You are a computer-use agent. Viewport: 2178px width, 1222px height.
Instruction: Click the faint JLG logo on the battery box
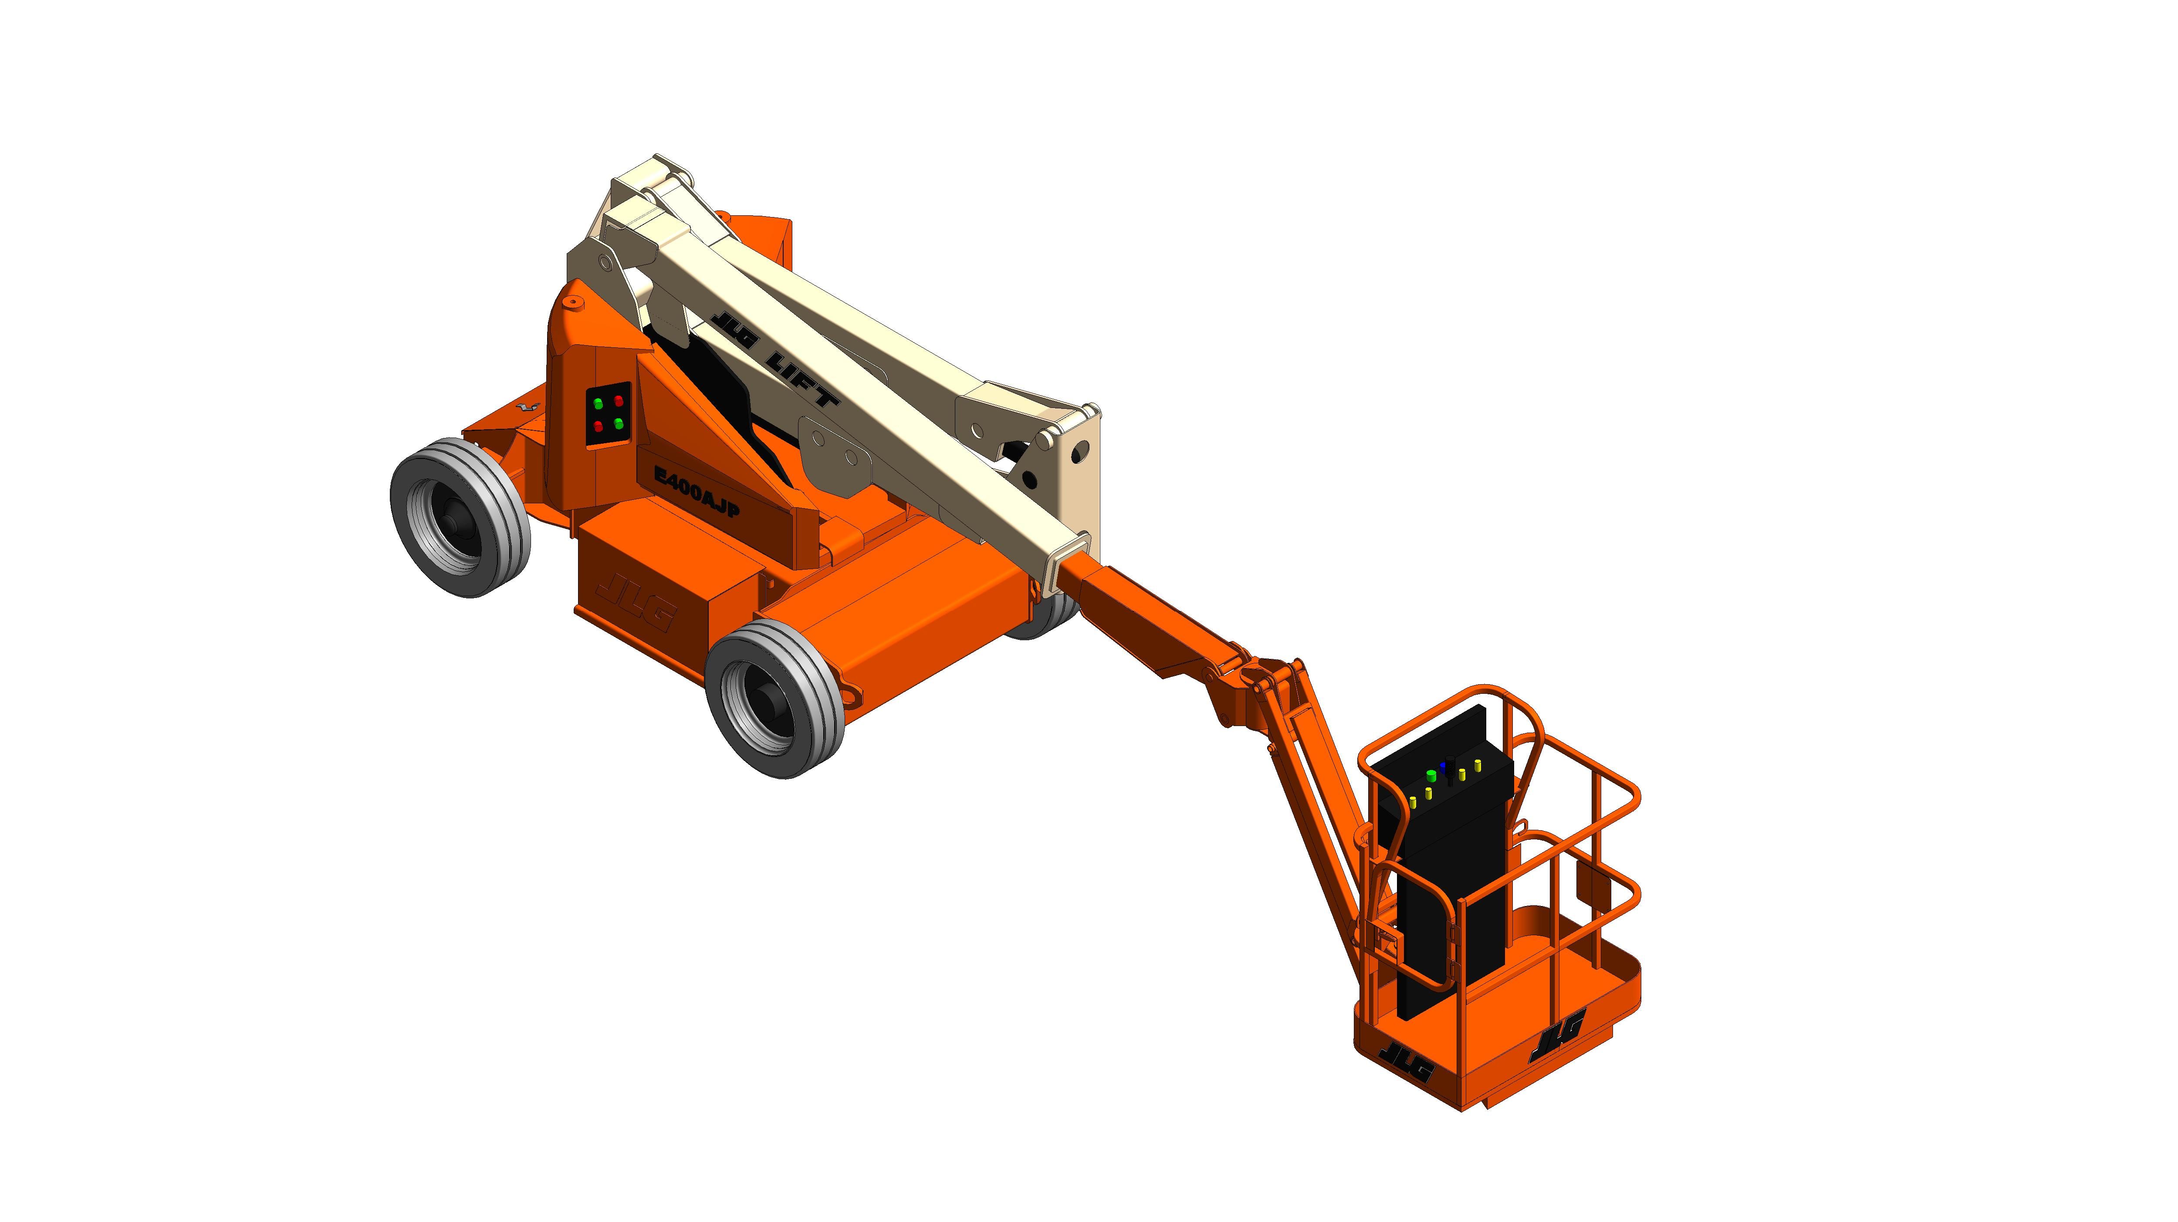[634, 602]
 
